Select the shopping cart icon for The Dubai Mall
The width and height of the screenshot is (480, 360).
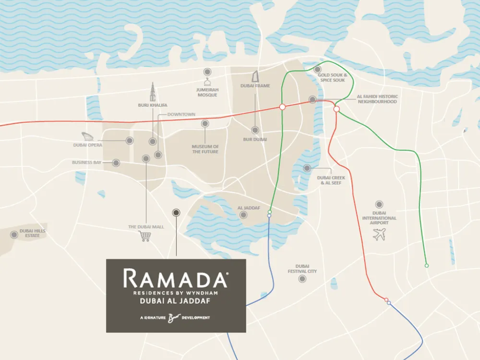tap(145, 236)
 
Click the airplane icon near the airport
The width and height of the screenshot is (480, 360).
tap(379, 234)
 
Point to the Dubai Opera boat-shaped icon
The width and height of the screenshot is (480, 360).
tap(88, 136)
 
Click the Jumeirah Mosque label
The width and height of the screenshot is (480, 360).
tap(207, 92)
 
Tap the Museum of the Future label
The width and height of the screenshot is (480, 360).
tap(205, 149)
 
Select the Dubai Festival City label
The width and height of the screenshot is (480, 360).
tap(302, 269)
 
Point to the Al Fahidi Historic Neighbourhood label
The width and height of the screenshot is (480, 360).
tap(377, 99)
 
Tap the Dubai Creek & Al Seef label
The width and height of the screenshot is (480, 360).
tap(331, 180)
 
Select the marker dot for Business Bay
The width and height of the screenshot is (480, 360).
tap(116, 163)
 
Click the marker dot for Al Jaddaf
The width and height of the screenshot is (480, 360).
tap(243, 215)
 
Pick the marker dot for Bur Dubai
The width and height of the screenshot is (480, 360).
tap(255, 130)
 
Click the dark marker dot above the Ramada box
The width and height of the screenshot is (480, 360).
tap(176, 213)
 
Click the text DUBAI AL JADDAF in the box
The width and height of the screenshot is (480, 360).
tap(176, 301)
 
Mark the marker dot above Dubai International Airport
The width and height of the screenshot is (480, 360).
tap(379, 204)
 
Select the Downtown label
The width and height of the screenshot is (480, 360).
tap(181, 114)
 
